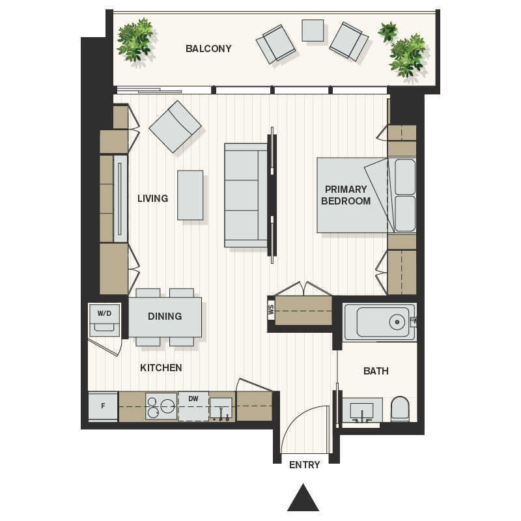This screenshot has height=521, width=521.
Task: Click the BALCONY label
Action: (x=208, y=49)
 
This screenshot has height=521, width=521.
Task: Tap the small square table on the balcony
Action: (x=313, y=31)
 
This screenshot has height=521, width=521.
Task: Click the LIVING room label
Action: (x=153, y=199)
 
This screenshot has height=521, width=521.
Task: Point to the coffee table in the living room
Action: (x=190, y=195)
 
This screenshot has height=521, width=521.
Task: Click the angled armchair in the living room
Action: (x=175, y=127)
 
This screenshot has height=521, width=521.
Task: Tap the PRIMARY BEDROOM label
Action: (x=345, y=195)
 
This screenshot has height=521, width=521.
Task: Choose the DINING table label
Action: (x=165, y=317)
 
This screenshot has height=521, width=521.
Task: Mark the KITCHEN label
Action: (x=161, y=368)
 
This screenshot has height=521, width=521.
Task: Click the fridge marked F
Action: (x=103, y=406)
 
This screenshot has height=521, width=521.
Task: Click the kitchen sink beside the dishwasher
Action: (x=221, y=408)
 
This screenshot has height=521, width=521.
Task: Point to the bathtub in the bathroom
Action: (x=378, y=322)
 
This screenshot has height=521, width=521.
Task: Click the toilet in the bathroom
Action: (x=399, y=409)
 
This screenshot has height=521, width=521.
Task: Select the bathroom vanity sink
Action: (x=360, y=410)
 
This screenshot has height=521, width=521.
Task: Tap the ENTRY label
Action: (x=305, y=465)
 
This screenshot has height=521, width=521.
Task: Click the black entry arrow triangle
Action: (x=303, y=500)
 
